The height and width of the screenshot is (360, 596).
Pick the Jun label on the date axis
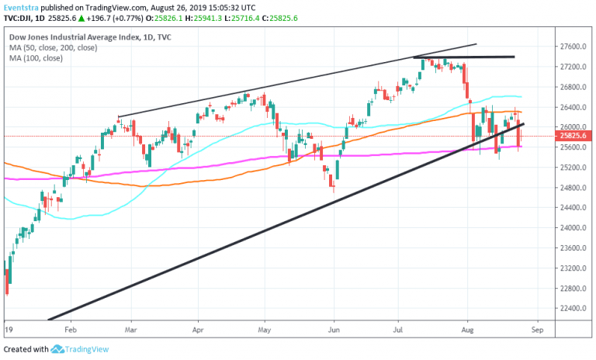(x=334, y=329)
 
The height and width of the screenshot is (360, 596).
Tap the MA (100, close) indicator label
(x=37, y=58)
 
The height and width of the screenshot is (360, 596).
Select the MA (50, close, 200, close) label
(x=53, y=47)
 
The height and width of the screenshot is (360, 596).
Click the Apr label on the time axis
(x=199, y=329)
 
